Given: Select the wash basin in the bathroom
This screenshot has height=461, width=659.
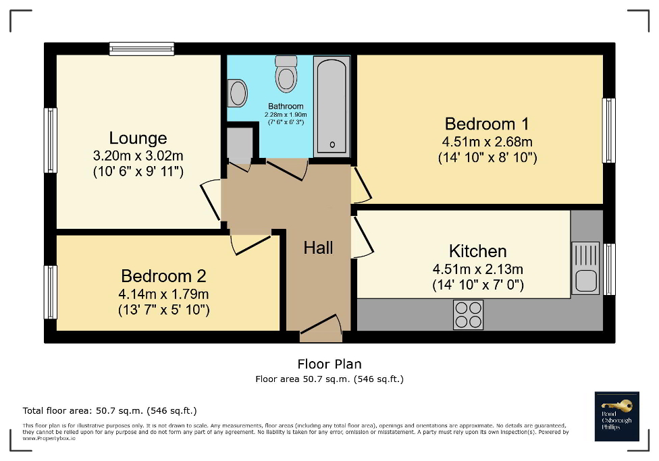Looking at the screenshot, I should (237, 93).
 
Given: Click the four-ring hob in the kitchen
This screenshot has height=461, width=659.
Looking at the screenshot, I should (468, 314).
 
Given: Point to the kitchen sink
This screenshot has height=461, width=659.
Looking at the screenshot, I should (585, 269).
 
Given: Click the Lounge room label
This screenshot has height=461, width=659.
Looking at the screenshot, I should (138, 138).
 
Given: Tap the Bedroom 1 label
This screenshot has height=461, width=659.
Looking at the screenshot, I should (486, 124).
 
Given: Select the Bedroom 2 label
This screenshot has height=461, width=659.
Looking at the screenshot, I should (163, 276).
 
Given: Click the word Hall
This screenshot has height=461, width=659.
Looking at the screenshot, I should (318, 248).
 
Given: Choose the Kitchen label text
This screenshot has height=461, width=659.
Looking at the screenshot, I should (478, 251).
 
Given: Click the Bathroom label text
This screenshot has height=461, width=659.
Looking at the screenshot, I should (286, 106).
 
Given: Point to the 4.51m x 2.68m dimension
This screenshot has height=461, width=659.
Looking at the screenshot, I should (487, 142).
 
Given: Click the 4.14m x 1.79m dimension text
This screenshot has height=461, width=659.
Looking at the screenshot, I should (164, 294).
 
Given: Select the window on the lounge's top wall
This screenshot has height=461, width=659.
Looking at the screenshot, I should (142, 49).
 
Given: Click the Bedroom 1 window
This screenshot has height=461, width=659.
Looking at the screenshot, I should (608, 130).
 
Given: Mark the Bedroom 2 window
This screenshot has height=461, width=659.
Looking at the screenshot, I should (50, 292).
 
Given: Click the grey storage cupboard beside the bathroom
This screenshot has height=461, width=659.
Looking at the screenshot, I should (239, 142).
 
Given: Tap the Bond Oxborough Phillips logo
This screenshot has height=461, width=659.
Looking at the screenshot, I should (616, 416).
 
